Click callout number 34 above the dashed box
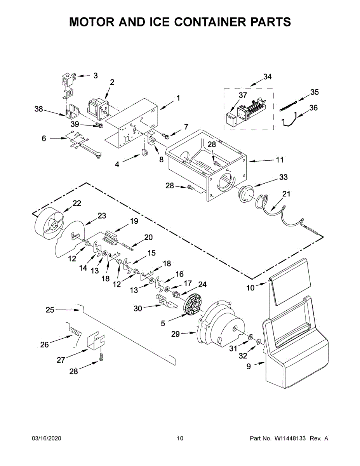267,77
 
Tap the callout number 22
77,203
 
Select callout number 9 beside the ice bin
249,365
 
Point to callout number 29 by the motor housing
176,334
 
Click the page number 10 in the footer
180,438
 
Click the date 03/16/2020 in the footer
46,438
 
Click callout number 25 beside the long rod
50,310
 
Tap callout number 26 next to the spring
45,344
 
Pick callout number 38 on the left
38,109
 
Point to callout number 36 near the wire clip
313,108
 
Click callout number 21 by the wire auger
286,194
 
